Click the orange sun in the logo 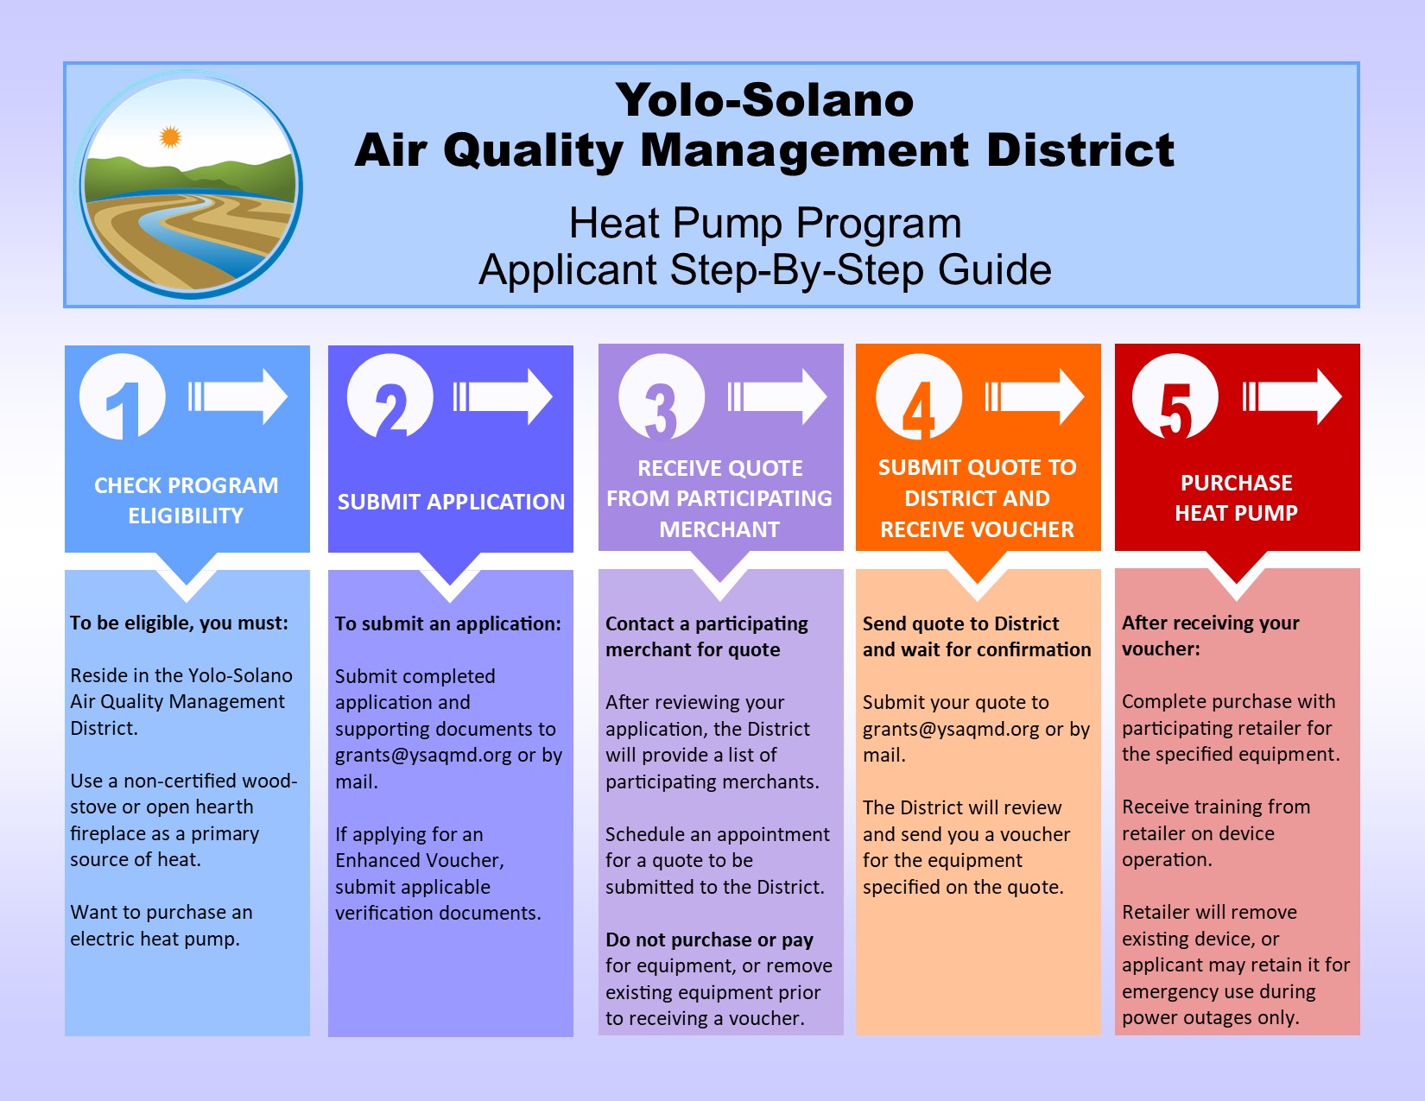pyautogui.click(x=170, y=136)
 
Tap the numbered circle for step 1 pyautogui.click(x=123, y=396)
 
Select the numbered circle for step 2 pyautogui.click(x=390, y=395)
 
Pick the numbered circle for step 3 pyautogui.click(x=662, y=395)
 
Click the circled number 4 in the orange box pyautogui.click(x=919, y=395)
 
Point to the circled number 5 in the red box pyautogui.click(x=1175, y=395)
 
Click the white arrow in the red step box pyautogui.click(x=1292, y=396)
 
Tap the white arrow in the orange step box pyautogui.click(x=1035, y=396)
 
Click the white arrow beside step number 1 pyautogui.click(x=237, y=396)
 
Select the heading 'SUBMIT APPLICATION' pyautogui.click(x=451, y=502)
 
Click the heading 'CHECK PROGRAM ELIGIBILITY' pyautogui.click(x=187, y=500)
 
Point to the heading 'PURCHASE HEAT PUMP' pyautogui.click(x=1236, y=497)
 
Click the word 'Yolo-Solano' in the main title pyautogui.click(x=764, y=100)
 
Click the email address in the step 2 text pyautogui.click(x=424, y=756)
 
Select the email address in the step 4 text pyautogui.click(x=951, y=729)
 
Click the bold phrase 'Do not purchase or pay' pyautogui.click(x=709, y=940)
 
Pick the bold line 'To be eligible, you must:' pyautogui.click(x=179, y=623)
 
